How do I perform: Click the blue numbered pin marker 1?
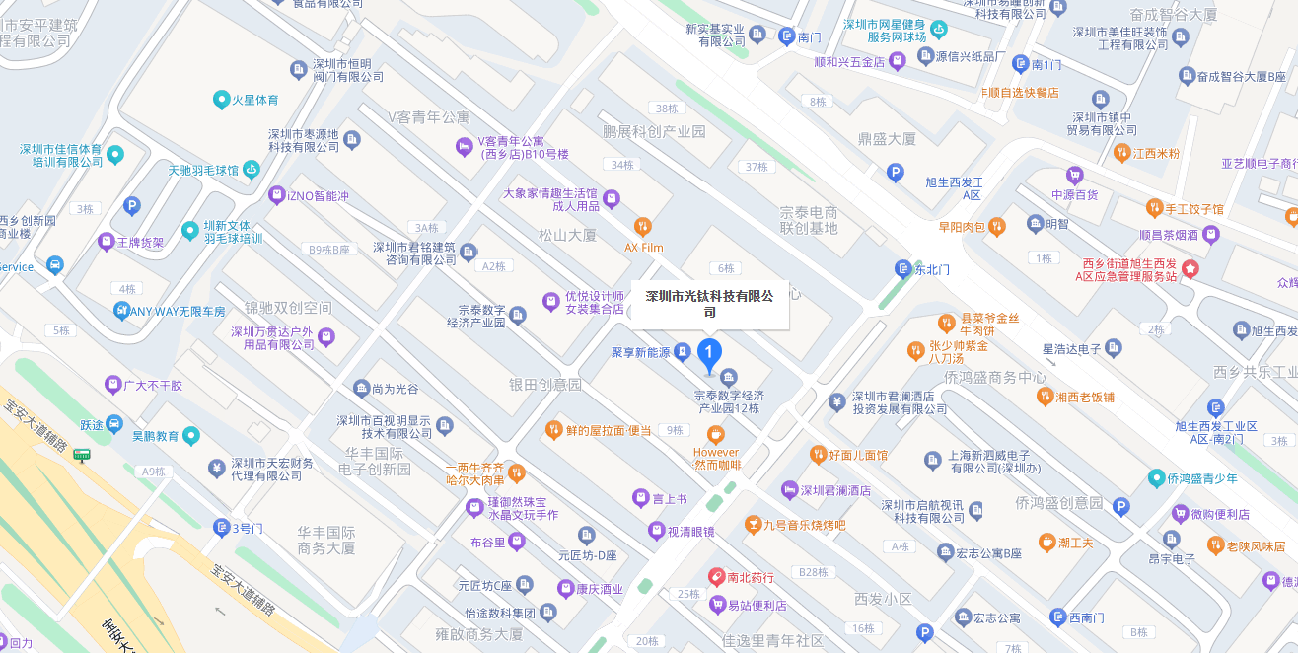(x=708, y=353)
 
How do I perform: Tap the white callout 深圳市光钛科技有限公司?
(x=710, y=304)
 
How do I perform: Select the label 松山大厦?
(x=567, y=235)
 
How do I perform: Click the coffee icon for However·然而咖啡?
(x=716, y=434)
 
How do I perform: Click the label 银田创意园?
(x=545, y=384)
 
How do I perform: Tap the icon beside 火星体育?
(x=222, y=100)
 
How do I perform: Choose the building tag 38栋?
(x=667, y=109)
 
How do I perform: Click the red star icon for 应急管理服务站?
(x=1190, y=268)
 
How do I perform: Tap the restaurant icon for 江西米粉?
(x=1121, y=153)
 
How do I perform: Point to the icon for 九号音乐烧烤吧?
(x=753, y=524)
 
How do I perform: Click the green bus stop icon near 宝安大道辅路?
(x=82, y=455)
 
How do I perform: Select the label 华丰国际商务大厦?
(x=326, y=540)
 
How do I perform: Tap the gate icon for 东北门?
(x=902, y=268)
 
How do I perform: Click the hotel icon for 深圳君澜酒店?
(x=789, y=490)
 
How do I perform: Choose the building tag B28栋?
(x=814, y=572)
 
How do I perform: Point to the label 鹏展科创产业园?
(x=654, y=131)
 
